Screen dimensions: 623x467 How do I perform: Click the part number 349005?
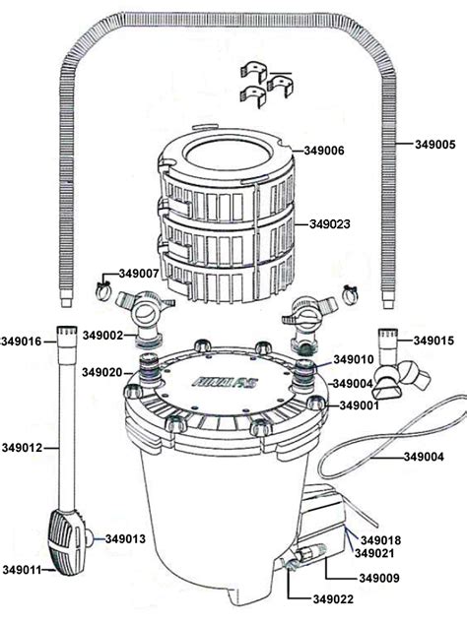pyautogui.click(x=427, y=143)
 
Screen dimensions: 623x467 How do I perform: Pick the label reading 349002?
pyautogui.click(x=103, y=336)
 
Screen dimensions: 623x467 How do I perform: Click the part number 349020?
pyautogui.click(x=103, y=372)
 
